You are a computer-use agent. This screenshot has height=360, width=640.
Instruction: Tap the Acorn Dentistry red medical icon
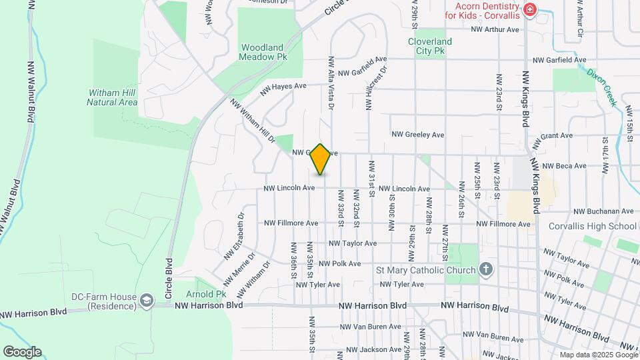(530, 9)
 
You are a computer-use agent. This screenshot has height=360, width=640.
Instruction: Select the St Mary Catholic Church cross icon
(487, 270)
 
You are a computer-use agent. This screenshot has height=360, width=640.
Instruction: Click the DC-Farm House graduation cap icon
(145, 303)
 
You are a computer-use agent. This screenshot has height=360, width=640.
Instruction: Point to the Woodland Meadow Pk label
(263, 52)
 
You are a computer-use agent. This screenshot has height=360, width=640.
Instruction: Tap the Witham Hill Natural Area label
(112, 97)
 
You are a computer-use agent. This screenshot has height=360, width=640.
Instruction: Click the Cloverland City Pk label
(430, 45)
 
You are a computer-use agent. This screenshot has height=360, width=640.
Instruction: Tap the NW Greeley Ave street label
(418, 135)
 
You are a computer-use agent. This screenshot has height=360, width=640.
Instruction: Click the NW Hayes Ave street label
(283, 87)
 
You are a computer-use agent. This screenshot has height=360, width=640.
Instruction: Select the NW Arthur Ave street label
(495, 29)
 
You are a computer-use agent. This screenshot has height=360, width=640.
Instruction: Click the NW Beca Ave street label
(563, 166)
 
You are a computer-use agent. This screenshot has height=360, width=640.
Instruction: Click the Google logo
(22, 352)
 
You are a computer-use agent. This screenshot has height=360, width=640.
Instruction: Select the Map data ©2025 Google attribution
(597, 355)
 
